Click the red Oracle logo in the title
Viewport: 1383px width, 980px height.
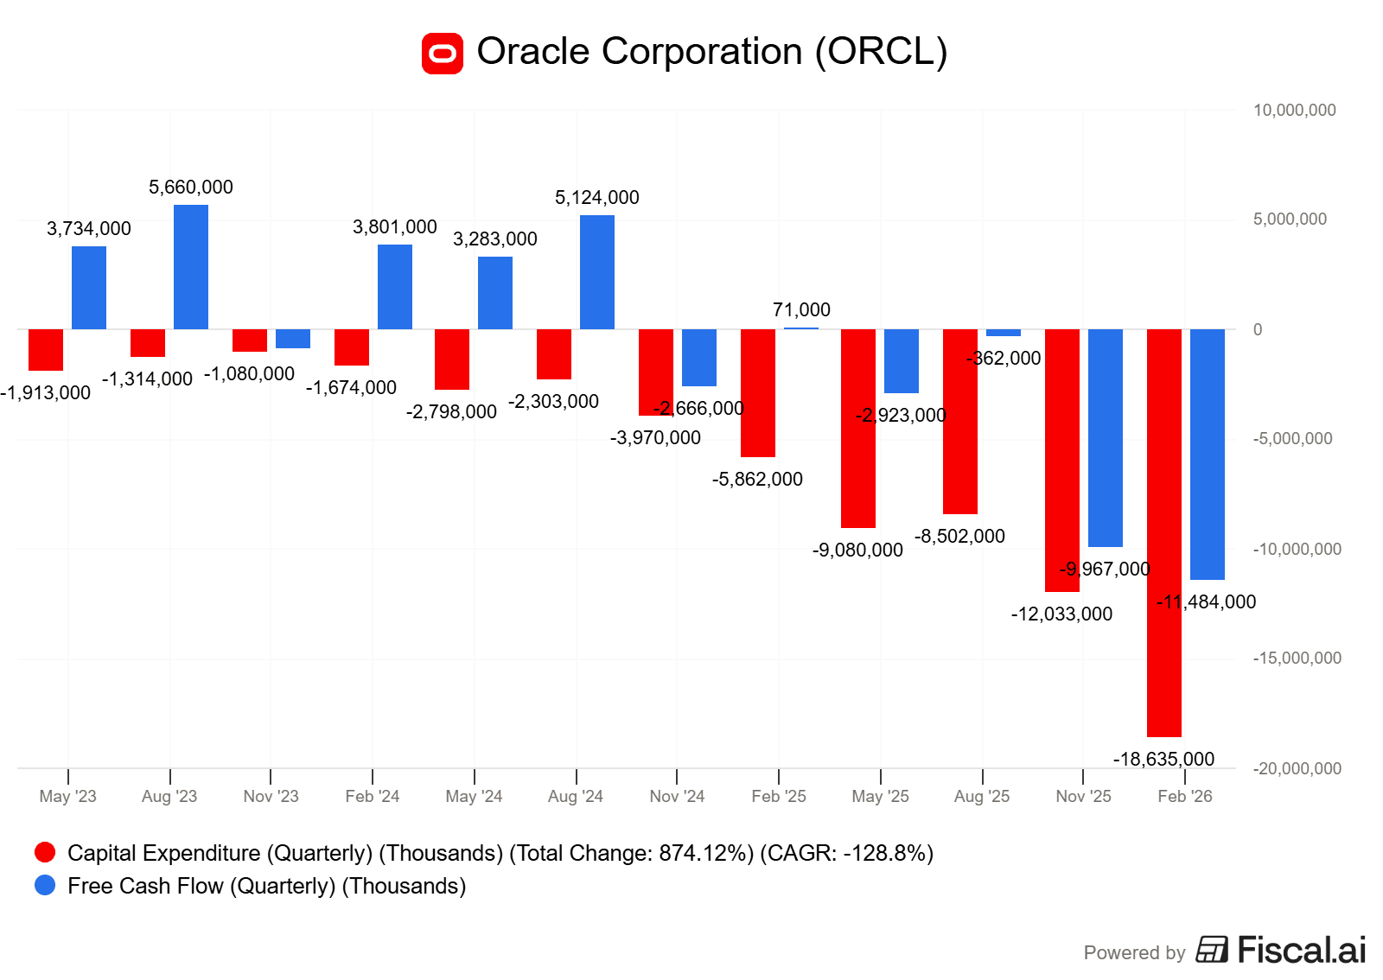click(443, 54)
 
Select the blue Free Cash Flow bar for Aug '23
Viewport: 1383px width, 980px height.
click(191, 267)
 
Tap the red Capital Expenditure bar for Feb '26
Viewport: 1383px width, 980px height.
click(1163, 532)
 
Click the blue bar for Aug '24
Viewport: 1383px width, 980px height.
click(597, 272)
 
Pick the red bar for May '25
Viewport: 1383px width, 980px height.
click(858, 428)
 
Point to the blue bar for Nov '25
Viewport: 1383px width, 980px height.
click(1105, 437)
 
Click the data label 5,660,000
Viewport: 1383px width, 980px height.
click(191, 188)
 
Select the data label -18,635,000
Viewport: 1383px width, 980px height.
click(1163, 760)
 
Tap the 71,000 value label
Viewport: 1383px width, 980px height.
click(801, 310)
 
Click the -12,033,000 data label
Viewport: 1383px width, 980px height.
click(1061, 614)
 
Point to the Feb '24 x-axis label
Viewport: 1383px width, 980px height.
click(373, 797)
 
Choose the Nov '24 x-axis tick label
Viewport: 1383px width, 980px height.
click(677, 797)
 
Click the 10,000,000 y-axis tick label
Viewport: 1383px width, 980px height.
click(1294, 111)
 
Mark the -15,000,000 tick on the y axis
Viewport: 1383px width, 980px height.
click(1297, 659)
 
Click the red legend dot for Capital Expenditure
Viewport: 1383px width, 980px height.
click(45, 853)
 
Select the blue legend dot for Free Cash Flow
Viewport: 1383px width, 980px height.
click(45, 886)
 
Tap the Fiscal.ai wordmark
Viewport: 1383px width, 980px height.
click(1301, 951)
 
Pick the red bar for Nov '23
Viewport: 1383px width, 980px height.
click(250, 340)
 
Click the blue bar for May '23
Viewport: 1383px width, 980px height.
click(89, 288)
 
